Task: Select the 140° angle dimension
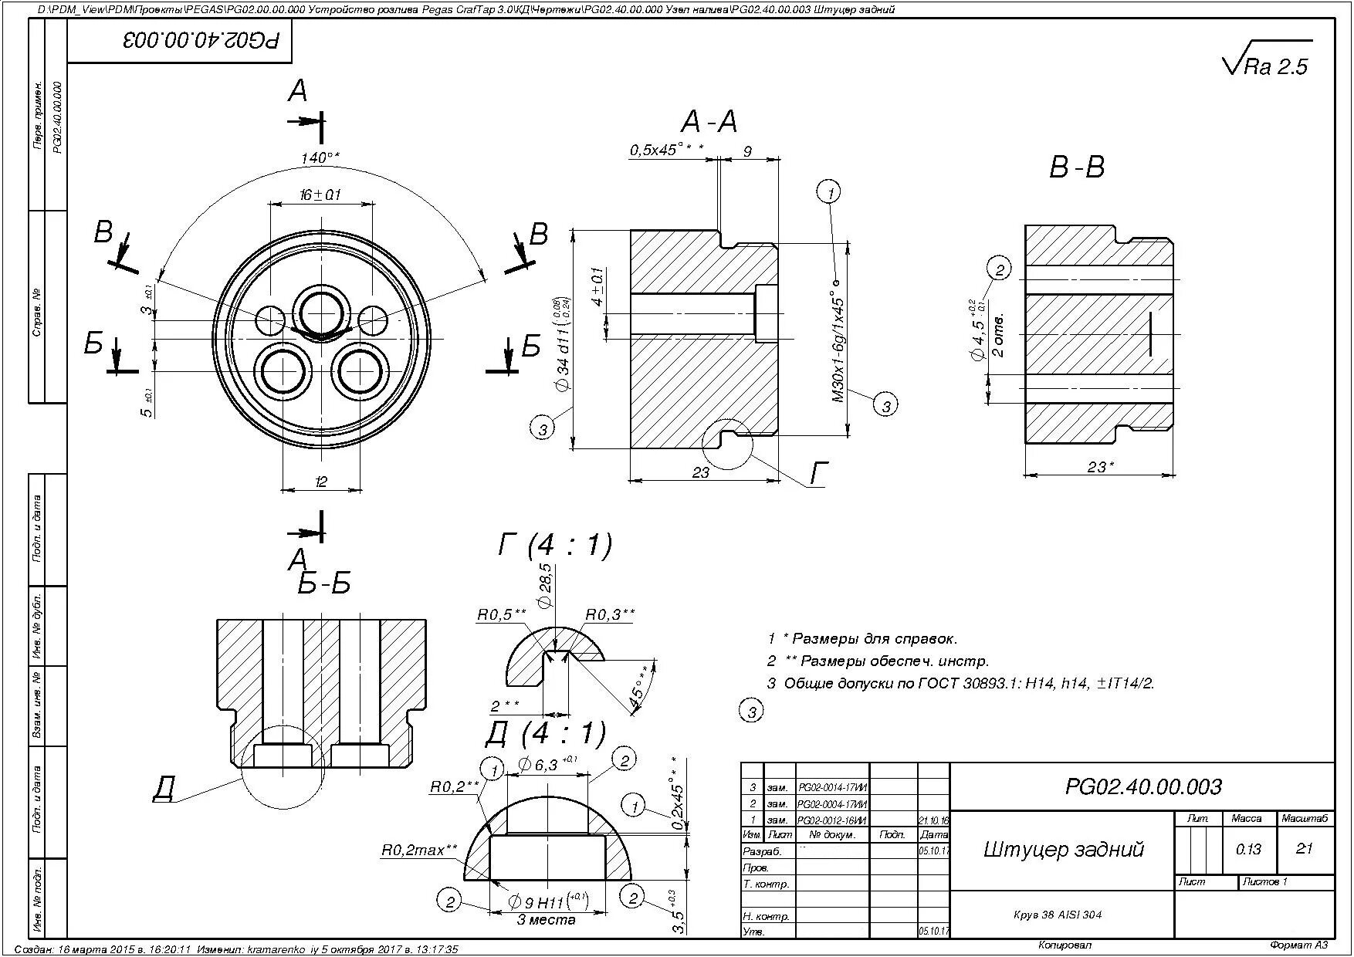pyautogui.click(x=320, y=157)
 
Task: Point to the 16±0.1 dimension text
pyautogui.click(x=320, y=195)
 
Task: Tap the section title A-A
pyautogui.click(x=709, y=122)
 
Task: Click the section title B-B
pyautogui.click(x=1076, y=167)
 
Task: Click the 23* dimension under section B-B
pyautogui.click(x=1100, y=467)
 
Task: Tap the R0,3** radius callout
pyautogui.click(x=610, y=614)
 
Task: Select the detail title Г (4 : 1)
pyautogui.click(x=554, y=545)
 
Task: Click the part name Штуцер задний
pyautogui.click(x=1063, y=850)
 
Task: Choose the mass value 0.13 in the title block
pyautogui.click(x=1247, y=850)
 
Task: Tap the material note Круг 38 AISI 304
pyautogui.click(x=1057, y=915)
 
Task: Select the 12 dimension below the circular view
pyautogui.click(x=321, y=482)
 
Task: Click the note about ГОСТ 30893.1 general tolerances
pyautogui.click(x=960, y=683)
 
